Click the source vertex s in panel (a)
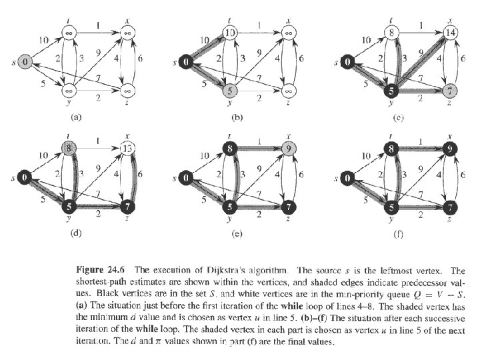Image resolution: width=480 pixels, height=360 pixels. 25,62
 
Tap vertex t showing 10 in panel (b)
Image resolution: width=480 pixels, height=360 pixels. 229,33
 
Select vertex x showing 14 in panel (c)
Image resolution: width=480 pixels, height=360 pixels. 450,33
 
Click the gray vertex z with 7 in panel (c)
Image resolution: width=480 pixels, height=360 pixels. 450,91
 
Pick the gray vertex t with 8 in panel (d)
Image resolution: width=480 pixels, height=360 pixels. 69,149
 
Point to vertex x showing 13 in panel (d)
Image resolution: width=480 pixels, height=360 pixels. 127,149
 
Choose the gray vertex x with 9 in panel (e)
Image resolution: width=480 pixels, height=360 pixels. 289,149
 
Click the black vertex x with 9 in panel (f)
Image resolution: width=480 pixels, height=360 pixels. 450,149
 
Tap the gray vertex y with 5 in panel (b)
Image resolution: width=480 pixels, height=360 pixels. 229,91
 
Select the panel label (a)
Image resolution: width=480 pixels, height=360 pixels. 75,117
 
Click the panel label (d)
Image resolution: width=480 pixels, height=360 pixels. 75,233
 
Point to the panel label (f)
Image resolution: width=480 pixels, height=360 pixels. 398,234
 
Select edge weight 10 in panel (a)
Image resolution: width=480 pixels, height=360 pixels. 44,40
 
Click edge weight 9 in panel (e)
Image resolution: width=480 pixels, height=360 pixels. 259,168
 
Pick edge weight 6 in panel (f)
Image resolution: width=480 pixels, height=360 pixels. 463,175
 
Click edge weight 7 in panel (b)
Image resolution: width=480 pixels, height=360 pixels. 259,78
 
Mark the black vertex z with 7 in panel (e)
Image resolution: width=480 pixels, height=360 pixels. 289,207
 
